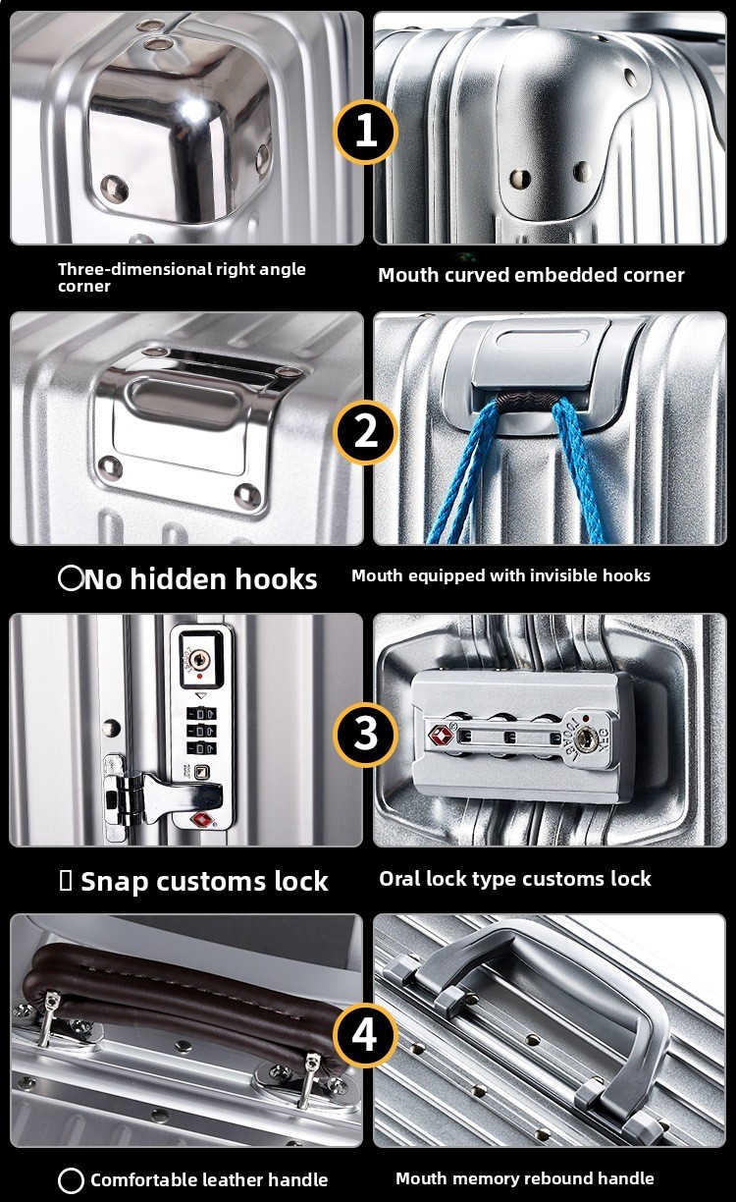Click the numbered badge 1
pos(366,132)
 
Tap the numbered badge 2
pos(366,432)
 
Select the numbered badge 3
pos(366,734)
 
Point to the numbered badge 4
pos(366,1035)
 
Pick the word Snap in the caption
pos(114,882)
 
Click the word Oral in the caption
pos(396,879)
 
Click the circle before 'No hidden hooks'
pos(71,578)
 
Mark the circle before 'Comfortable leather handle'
pos(71,1180)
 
